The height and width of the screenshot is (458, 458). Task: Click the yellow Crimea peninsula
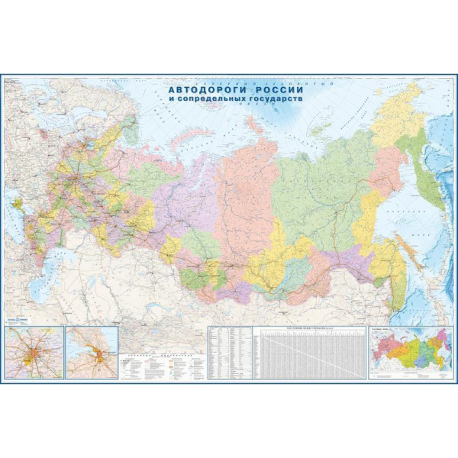point(18,205)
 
